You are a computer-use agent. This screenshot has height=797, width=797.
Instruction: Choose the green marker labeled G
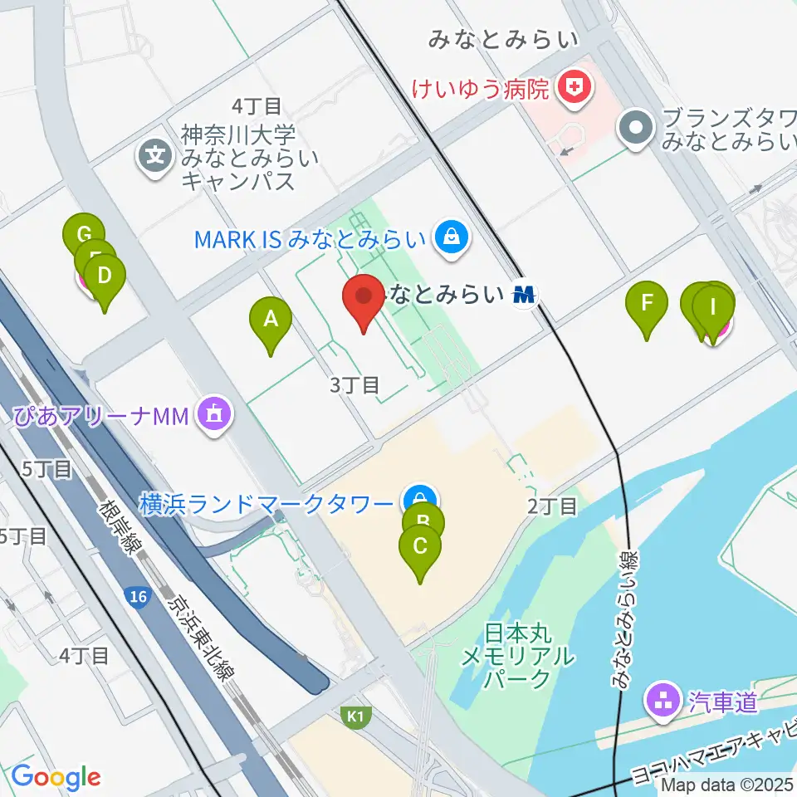pyautogui.click(x=83, y=234)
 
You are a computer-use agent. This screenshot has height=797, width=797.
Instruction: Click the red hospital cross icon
pyautogui.click(x=573, y=86)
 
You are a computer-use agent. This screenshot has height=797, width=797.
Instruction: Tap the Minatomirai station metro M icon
pyautogui.click(x=524, y=294)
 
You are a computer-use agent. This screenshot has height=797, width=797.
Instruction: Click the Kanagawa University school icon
pyautogui.click(x=155, y=154)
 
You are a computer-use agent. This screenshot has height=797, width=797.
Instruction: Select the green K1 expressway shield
pyautogui.click(x=355, y=716)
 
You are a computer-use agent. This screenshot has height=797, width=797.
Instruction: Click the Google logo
pyautogui.click(x=56, y=777)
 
